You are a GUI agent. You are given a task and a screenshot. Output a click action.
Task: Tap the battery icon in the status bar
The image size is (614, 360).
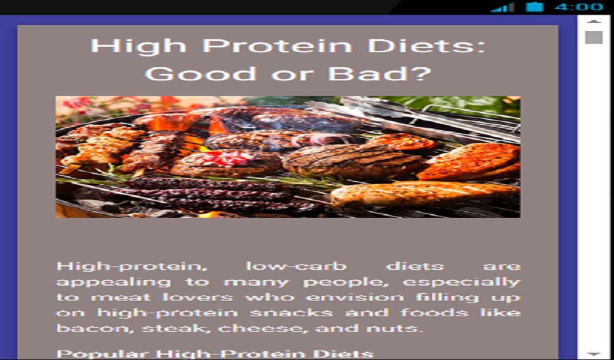click(535, 7)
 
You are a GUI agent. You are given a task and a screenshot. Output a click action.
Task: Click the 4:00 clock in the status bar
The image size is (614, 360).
click(578, 7)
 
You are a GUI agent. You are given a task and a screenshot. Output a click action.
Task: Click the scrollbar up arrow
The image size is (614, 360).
click(594, 22)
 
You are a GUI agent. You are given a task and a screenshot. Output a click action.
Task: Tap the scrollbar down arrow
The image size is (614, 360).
click(594, 354)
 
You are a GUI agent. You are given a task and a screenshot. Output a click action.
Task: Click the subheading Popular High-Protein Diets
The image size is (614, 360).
click(215, 353)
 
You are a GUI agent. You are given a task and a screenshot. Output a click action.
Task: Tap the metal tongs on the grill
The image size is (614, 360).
click(414, 114)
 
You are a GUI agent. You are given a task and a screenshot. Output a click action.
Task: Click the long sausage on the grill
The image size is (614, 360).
click(423, 193)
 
